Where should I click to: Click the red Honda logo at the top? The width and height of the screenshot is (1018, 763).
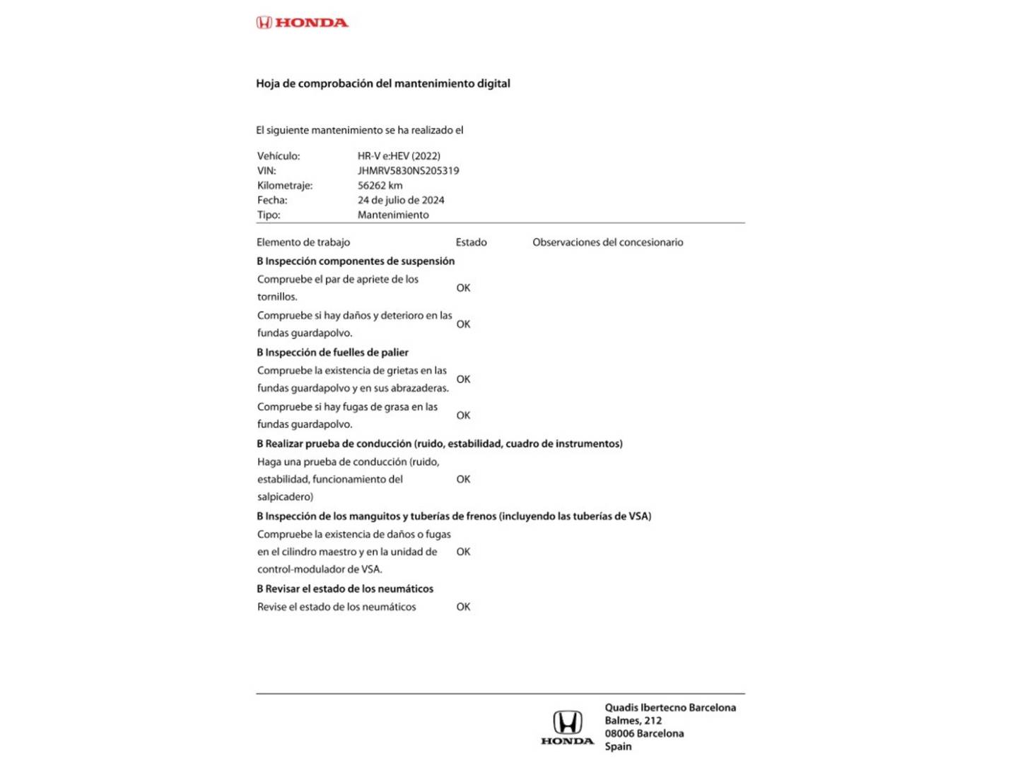[302, 23]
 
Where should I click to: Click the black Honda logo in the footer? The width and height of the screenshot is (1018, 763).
[567, 728]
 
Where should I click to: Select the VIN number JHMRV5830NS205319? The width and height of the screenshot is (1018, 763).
[408, 171]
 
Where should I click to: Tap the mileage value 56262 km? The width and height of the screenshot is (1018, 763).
[380, 186]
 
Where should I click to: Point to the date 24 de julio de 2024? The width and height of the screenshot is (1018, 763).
[401, 201]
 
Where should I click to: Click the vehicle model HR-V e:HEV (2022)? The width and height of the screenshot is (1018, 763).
[399, 156]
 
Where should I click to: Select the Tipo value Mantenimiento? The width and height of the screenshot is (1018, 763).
[393, 215]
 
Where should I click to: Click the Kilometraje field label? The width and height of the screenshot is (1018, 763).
[285, 186]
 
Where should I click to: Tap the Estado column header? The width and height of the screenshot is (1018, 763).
[471, 242]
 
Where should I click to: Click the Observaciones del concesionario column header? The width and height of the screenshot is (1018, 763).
[607, 242]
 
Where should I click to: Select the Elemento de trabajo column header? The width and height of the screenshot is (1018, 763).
[303, 242]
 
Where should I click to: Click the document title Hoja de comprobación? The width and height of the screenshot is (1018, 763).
[382, 83]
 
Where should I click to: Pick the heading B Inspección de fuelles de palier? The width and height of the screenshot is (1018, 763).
[332, 353]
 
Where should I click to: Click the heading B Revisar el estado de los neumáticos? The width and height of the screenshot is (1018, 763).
[345, 589]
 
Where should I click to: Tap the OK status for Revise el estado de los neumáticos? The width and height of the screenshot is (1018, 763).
[463, 607]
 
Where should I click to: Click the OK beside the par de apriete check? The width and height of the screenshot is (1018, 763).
[463, 288]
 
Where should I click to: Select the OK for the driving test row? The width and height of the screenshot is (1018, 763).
[463, 480]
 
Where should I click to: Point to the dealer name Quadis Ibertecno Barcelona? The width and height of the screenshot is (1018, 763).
[669, 708]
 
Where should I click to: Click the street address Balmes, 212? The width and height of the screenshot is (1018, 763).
[633, 721]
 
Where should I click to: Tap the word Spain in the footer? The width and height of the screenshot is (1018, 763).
[618, 747]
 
